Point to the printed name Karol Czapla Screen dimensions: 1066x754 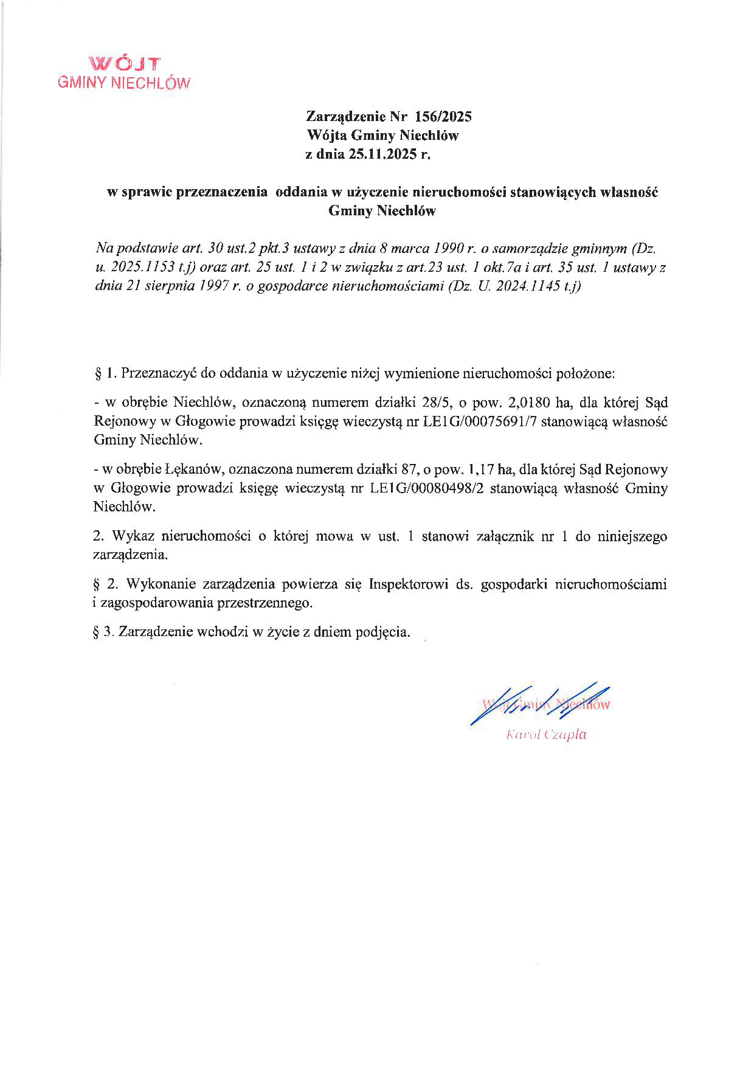click(546, 735)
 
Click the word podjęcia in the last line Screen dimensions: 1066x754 click(384, 632)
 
